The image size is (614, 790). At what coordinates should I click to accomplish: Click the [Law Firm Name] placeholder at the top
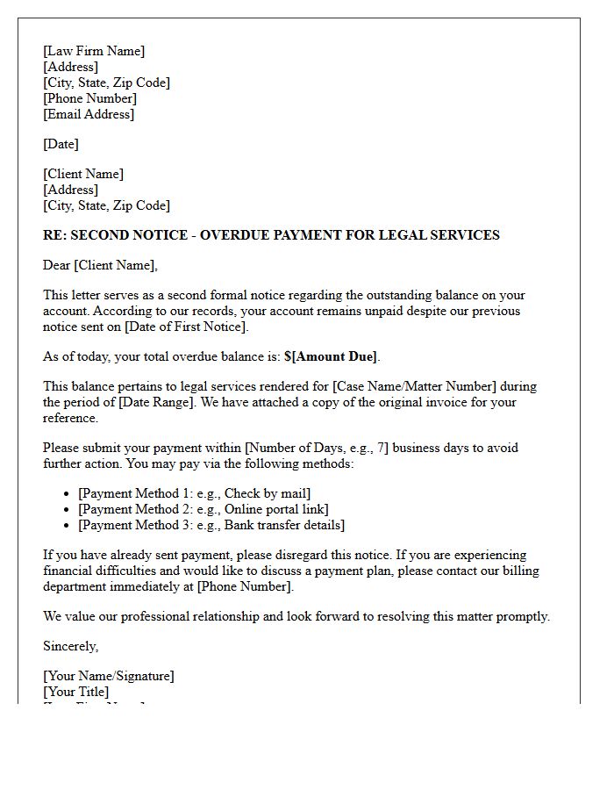[x=94, y=51]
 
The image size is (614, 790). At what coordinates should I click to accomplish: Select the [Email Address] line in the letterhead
[x=89, y=114]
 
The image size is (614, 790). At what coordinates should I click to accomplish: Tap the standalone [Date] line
[x=61, y=144]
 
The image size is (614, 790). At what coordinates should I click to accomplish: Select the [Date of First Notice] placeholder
[x=186, y=327]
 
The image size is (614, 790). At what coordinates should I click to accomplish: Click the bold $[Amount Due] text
[x=331, y=356]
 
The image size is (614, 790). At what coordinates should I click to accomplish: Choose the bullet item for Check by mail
[x=194, y=493]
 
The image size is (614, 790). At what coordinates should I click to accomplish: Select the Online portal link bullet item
[x=203, y=509]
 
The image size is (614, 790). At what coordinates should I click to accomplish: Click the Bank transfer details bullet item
[x=211, y=525]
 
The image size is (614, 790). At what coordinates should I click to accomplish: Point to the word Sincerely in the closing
[x=70, y=646]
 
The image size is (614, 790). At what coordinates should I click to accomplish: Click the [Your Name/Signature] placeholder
[x=109, y=676]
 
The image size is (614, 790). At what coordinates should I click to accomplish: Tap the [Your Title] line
[x=76, y=692]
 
